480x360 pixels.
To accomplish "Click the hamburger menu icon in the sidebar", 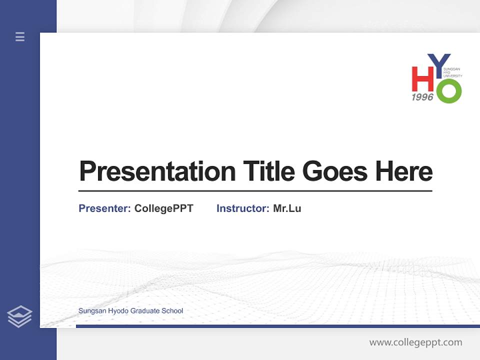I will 20,36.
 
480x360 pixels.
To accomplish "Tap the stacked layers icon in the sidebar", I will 19,316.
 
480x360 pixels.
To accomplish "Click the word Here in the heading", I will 404,171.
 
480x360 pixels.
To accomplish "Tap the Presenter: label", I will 105,208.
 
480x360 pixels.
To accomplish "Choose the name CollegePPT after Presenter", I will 164,208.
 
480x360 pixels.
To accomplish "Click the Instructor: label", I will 243,208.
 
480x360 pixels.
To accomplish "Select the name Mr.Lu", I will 287,208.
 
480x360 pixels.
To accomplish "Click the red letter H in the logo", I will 422,79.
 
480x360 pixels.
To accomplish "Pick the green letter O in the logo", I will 448,91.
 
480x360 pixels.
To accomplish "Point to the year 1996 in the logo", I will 422,97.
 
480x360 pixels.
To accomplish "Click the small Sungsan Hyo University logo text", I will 455,72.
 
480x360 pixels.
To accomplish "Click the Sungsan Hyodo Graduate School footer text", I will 130,311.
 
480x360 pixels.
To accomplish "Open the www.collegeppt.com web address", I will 415,342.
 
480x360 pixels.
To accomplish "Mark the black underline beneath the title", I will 255,191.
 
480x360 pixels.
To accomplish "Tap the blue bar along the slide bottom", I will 277,326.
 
